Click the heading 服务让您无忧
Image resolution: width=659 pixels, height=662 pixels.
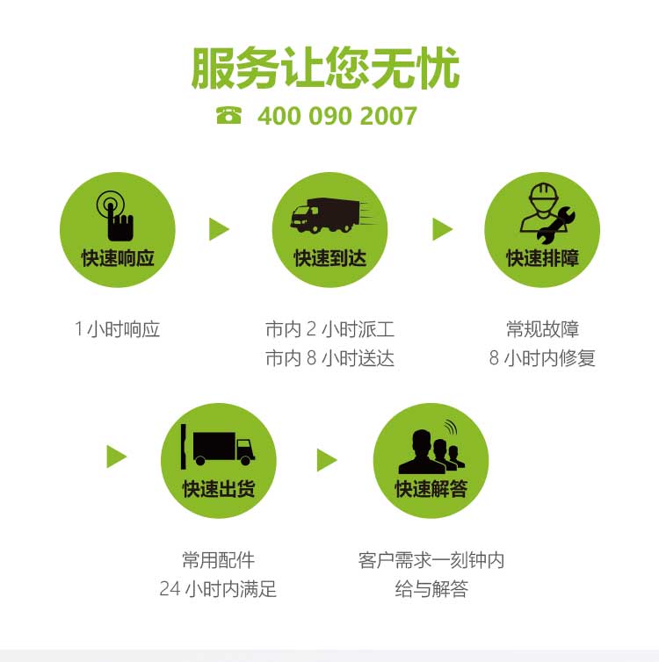point(325,68)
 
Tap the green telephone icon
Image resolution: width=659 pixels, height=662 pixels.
point(228,115)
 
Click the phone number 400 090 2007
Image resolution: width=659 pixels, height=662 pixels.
point(337,116)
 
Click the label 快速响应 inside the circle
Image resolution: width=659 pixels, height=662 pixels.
point(118,258)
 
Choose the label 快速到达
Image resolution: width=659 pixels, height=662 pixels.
point(329,258)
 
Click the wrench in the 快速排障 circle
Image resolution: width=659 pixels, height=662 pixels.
point(556,226)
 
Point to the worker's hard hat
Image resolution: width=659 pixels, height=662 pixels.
point(544,191)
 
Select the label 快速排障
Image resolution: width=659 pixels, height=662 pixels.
point(542,258)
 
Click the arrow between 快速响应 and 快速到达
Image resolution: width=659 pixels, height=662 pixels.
point(220,229)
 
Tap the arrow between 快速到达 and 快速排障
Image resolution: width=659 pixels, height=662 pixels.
point(443,229)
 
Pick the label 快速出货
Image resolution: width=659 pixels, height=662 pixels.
point(219,489)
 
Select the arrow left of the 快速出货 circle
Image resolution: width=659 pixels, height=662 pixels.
point(117,457)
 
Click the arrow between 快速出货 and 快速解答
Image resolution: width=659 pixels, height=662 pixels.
point(327,460)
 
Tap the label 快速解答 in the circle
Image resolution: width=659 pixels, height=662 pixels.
point(431,489)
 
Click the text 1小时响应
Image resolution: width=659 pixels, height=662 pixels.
point(118,329)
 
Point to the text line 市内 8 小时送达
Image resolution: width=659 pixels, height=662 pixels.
point(329,358)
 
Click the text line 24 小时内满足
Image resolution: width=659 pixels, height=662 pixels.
point(218,589)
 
